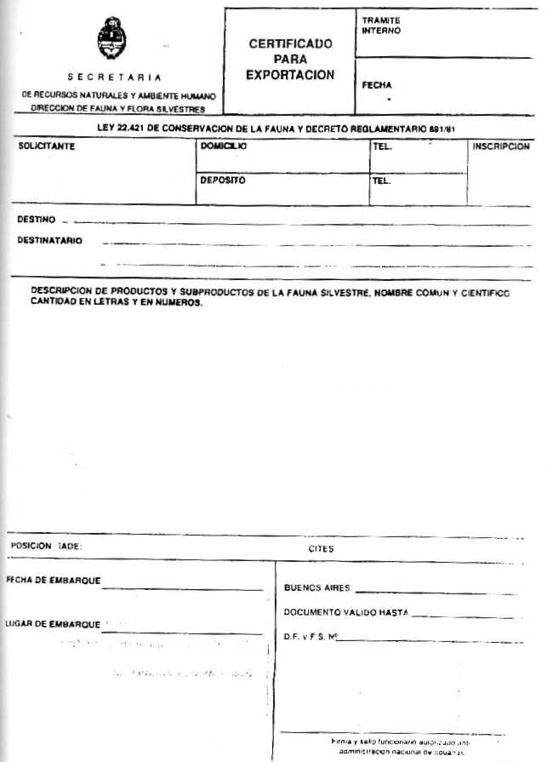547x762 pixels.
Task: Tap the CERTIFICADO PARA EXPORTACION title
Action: point(290,60)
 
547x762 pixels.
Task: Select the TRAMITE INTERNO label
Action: point(380,26)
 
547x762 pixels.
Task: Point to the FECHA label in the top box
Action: point(377,85)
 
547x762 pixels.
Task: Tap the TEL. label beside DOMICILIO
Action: point(381,146)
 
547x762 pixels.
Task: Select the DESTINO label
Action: point(36,220)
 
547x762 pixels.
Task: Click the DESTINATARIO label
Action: point(49,241)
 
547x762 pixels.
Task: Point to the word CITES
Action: point(321,549)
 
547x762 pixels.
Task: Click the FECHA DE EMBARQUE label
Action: point(53,581)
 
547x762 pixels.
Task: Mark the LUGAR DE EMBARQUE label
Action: point(53,624)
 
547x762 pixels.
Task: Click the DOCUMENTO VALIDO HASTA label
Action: point(345,612)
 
